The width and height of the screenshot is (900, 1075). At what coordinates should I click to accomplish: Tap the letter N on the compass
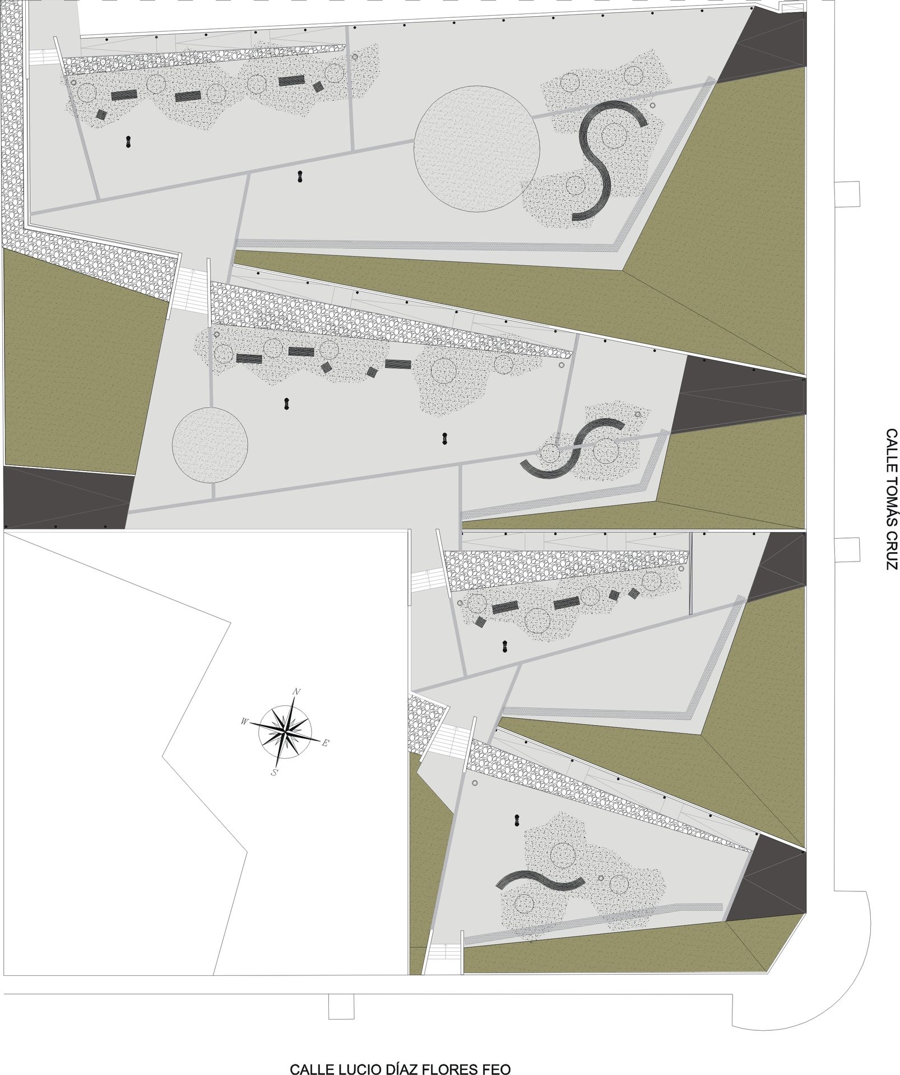(x=296, y=691)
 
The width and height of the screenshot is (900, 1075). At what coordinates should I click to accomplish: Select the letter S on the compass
(x=274, y=772)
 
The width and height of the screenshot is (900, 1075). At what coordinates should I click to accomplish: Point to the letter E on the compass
(x=326, y=743)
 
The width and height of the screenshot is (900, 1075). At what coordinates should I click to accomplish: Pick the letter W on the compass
(x=244, y=722)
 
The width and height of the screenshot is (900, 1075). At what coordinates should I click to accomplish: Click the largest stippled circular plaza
(x=477, y=148)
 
